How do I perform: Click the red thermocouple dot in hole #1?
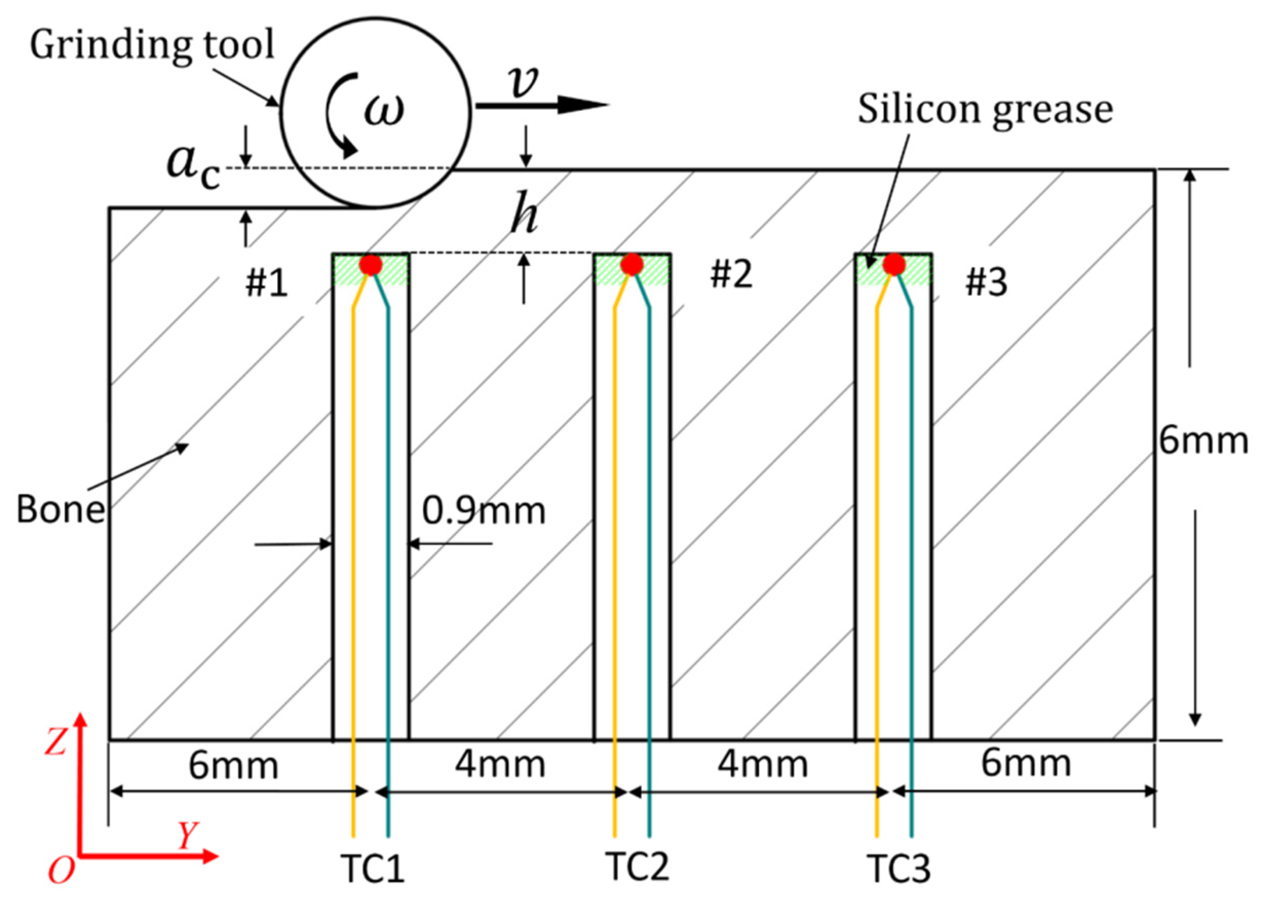tap(370, 265)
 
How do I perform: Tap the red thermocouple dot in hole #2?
tap(631, 264)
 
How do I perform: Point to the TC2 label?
tap(637, 866)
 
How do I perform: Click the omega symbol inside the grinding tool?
tap(383, 108)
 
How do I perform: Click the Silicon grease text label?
tap(985, 109)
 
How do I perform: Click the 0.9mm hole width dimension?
tap(484, 510)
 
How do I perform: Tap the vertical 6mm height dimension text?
tap(1203, 441)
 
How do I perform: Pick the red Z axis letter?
tap(56, 743)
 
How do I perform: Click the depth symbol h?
tap(524, 213)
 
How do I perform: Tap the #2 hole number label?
tap(731, 275)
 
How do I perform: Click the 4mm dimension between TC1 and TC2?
tap(500, 764)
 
